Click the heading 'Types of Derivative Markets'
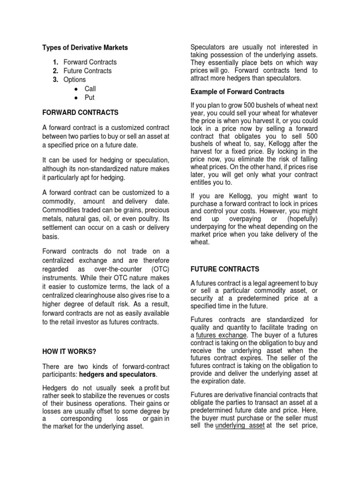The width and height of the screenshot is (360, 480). click(85, 47)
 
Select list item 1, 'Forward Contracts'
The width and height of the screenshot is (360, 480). click(90, 62)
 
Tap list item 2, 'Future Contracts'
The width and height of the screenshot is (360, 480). click(88, 71)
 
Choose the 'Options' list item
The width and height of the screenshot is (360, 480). click(75, 80)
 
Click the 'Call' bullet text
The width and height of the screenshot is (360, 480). click(90, 89)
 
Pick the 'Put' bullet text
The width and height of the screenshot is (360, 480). click(89, 97)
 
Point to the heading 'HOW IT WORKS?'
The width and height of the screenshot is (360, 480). click(70, 352)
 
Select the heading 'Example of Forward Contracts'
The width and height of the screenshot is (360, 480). click(237, 91)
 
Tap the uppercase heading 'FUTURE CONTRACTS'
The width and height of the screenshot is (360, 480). click(224, 269)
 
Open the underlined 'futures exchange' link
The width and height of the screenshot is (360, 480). click(221, 335)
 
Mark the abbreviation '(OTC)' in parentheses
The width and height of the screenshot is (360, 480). click(160, 269)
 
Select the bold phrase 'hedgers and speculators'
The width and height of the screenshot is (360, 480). click(117, 375)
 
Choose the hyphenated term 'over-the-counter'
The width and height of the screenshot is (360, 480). click(116, 269)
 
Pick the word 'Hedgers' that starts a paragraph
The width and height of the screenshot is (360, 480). click(54, 388)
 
